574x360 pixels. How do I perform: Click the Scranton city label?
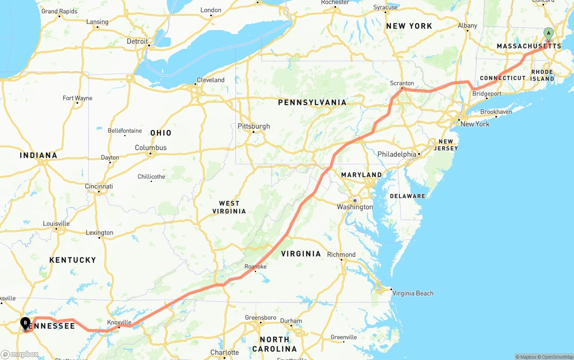(x=402, y=83)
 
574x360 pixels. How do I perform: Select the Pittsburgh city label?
(x=254, y=126)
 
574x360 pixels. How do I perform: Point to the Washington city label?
(x=355, y=207)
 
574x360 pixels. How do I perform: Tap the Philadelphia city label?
(x=397, y=154)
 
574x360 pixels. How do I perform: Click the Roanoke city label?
(x=256, y=267)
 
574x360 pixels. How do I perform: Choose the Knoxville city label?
(x=119, y=322)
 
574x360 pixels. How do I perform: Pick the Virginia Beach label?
(x=413, y=293)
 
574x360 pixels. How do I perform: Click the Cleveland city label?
(x=210, y=80)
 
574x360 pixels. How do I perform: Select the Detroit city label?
(x=137, y=41)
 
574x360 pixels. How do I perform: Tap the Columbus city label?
(x=151, y=147)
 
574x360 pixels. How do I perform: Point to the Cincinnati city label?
(x=99, y=187)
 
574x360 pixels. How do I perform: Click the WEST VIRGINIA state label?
(x=229, y=207)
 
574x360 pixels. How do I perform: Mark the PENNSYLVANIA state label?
(x=312, y=103)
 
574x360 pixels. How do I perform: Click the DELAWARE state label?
(x=407, y=196)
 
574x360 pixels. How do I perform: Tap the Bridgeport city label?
(x=487, y=94)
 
